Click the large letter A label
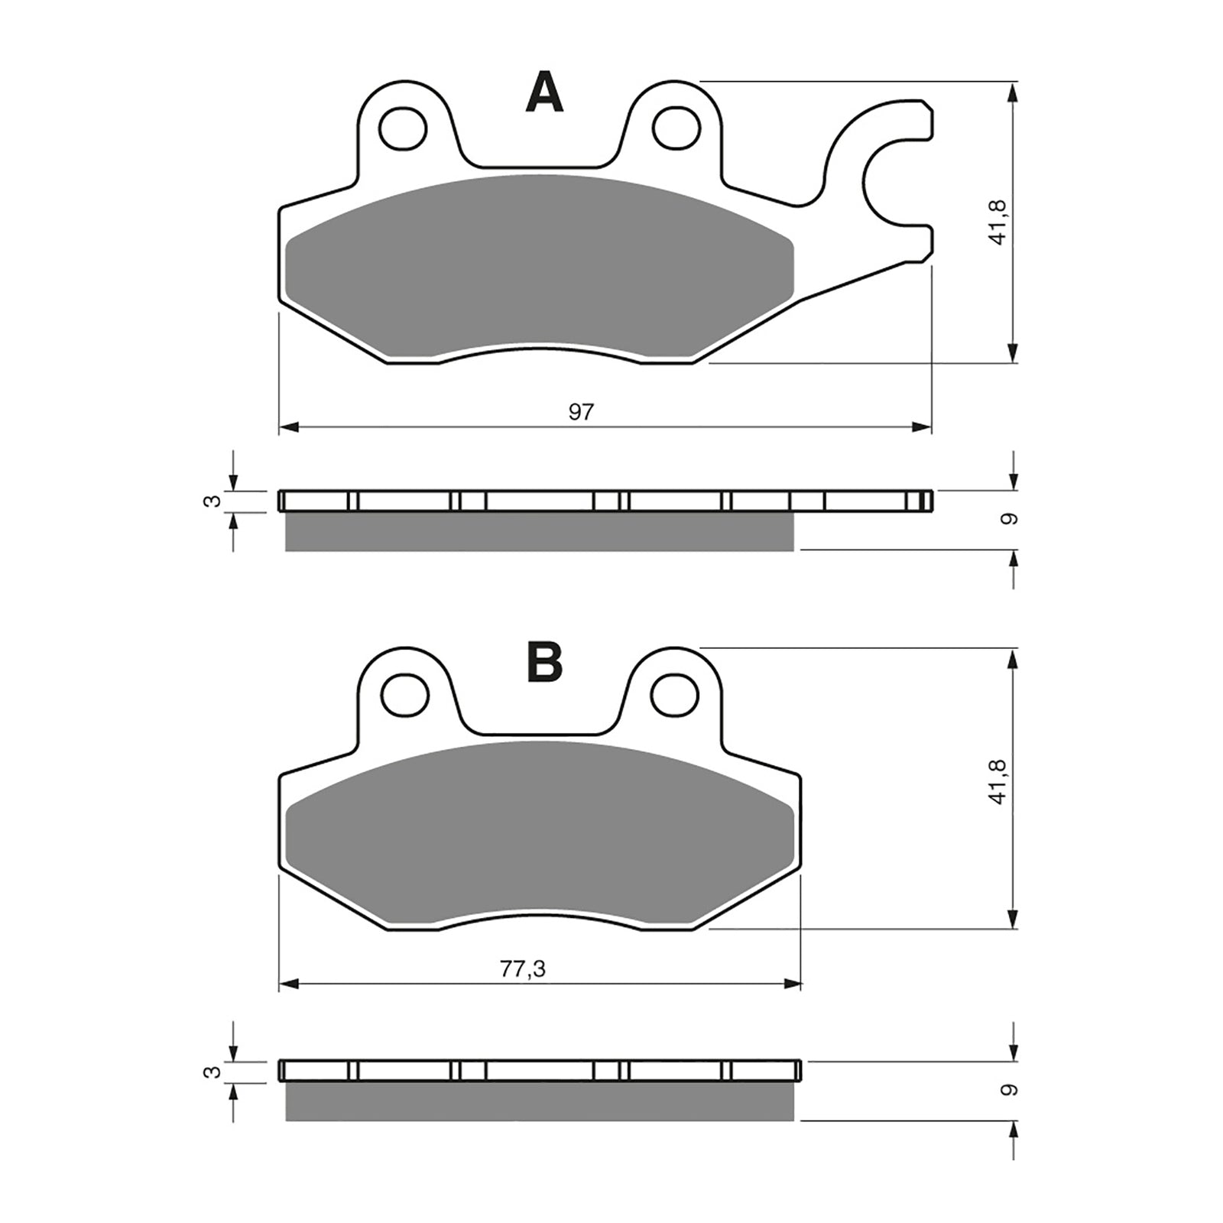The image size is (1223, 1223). [x=544, y=94]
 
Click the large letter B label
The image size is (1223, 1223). [x=544, y=662]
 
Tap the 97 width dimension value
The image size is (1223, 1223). [x=581, y=412]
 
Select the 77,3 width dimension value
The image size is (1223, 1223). [x=523, y=969]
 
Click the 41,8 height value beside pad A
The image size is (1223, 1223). [x=998, y=222]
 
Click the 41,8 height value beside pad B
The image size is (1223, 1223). [x=998, y=787]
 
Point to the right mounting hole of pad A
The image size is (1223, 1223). [x=676, y=127]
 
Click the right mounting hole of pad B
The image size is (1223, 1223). [x=676, y=694]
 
